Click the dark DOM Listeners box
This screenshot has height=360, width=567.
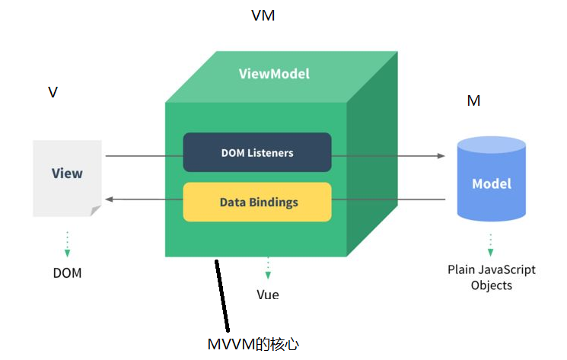click(257, 152)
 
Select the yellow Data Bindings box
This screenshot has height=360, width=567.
click(257, 202)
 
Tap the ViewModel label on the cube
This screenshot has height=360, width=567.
click(274, 74)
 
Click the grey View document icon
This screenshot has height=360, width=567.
click(67, 177)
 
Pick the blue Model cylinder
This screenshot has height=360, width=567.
click(491, 183)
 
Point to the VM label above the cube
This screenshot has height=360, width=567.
click(263, 15)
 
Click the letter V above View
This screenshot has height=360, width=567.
click(53, 92)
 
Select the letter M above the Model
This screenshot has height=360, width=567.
click(473, 100)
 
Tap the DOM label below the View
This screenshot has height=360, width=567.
click(67, 272)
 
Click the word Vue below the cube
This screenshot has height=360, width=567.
click(268, 294)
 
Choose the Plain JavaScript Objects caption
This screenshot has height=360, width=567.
click(491, 277)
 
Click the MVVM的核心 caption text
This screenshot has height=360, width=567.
click(259, 344)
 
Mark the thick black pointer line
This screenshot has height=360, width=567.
click(221, 297)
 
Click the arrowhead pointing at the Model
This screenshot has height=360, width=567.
click(441, 156)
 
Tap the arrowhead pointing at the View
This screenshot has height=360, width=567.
click(109, 199)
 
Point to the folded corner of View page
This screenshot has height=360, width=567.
click(96, 210)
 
